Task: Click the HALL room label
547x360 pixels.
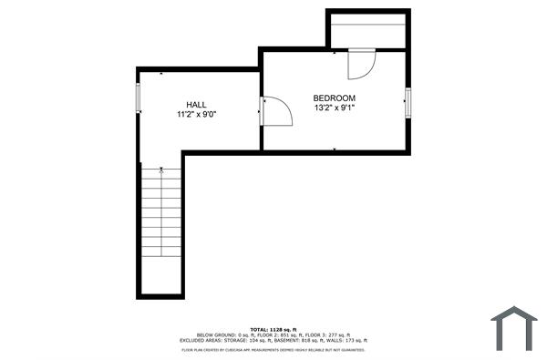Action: point(196,105)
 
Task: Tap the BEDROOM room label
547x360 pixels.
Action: point(335,98)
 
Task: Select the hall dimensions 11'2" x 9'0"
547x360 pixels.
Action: point(196,115)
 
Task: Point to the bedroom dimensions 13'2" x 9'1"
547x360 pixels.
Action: point(335,108)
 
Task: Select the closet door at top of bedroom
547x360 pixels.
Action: point(361,64)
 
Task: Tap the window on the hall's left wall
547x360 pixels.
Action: point(139,98)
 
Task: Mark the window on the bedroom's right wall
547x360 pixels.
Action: point(408,101)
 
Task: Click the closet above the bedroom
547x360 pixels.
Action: point(366,30)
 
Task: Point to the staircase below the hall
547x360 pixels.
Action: point(161,228)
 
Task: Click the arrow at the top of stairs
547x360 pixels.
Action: point(161,170)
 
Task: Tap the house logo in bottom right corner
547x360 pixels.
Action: point(514,328)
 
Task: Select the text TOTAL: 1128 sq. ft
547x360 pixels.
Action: point(273,328)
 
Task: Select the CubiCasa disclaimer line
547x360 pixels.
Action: point(273,348)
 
